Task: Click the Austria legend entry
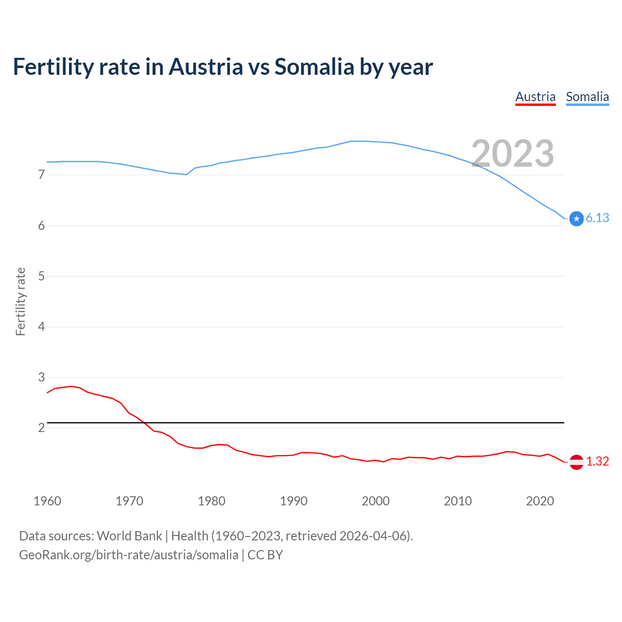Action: pyautogui.click(x=535, y=97)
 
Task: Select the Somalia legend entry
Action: pyautogui.click(x=587, y=97)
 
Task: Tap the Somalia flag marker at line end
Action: pyautogui.click(x=576, y=219)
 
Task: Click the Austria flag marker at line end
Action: pyautogui.click(x=576, y=462)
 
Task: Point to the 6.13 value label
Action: pyautogui.click(x=597, y=218)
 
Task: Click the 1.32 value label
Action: pyautogui.click(x=597, y=461)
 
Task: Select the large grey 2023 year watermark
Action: pyautogui.click(x=513, y=154)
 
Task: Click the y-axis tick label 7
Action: pyautogui.click(x=41, y=174)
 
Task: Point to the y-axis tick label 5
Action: pyautogui.click(x=41, y=276)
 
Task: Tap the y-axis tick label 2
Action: pyautogui.click(x=41, y=428)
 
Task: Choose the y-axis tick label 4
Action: pyautogui.click(x=41, y=327)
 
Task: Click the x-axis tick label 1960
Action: pyautogui.click(x=47, y=501)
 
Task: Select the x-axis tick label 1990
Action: pyautogui.click(x=294, y=501)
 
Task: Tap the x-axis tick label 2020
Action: pyautogui.click(x=540, y=501)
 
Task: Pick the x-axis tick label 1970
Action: pyautogui.click(x=129, y=501)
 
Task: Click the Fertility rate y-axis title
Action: pyautogui.click(x=20, y=301)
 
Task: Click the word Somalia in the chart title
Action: pyautogui.click(x=314, y=67)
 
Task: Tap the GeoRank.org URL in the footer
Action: pyautogui.click(x=128, y=555)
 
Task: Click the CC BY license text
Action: pyautogui.click(x=265, y=555)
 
